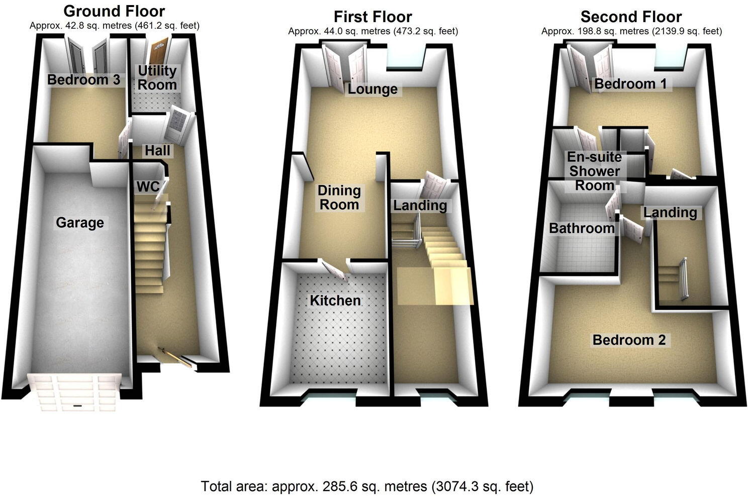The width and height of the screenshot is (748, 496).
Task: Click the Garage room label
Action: [x=80, y=223]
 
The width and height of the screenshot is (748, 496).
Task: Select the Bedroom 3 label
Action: [x=84, y=79]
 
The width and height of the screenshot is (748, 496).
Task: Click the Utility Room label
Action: [x=157, y=77]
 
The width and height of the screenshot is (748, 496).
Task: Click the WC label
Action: [x=148, y=186]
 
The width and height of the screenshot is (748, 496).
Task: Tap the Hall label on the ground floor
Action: [x=157, y=150]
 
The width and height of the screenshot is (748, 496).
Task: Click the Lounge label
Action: [x=372, y=89]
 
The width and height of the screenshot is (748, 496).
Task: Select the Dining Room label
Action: [x=339, y=197]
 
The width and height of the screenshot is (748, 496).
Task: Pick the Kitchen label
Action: [x=335, y=301]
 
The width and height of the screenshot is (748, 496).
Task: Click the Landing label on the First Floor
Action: [x=420, y=205]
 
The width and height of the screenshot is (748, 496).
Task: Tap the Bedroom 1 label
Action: [x=630, y=83]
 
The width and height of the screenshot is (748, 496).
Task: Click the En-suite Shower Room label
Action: [x=594, y=171]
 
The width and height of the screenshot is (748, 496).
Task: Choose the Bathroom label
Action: [x=582, y=228]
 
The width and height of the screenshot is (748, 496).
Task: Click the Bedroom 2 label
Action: [x=629, y=340]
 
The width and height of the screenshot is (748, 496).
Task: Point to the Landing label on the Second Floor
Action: [x=670, y=213]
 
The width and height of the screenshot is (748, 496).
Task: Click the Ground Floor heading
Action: [x=114, y=11]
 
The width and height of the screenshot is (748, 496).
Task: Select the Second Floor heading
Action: [x=631, y=17]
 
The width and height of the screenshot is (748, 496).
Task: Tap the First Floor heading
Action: [x=373, y=17]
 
